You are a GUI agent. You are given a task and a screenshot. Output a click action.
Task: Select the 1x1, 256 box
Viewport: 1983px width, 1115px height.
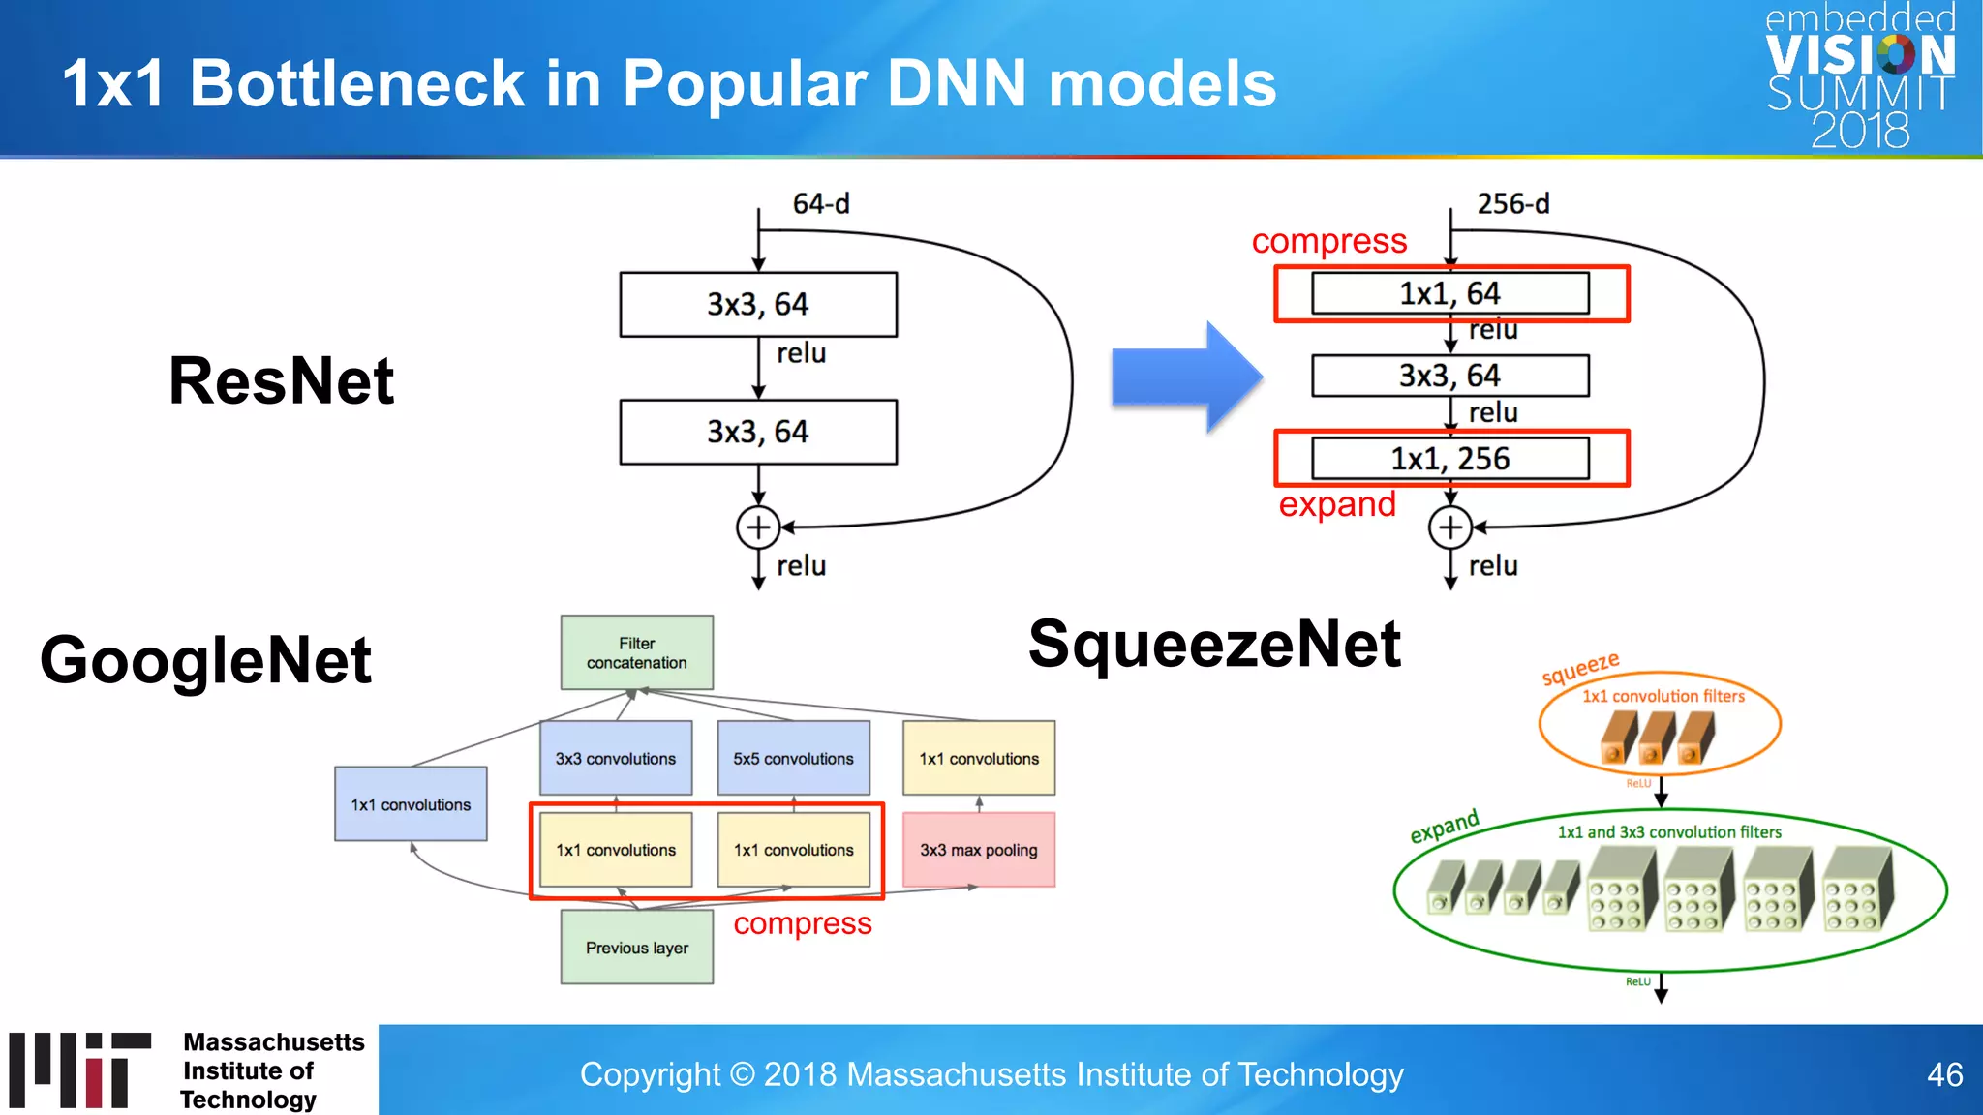(1449, 459)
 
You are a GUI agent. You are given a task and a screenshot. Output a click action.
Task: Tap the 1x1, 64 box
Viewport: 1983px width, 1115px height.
(1449, 293)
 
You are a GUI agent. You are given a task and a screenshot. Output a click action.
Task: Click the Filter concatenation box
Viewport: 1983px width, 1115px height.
(637, 653)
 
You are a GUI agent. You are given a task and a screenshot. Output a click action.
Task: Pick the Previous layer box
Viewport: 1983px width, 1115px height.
(637, 948)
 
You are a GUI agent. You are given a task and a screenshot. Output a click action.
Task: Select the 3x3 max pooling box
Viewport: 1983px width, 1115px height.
(978, 850)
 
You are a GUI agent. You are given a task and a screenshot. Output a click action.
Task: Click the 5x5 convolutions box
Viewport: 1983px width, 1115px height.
(793, 758)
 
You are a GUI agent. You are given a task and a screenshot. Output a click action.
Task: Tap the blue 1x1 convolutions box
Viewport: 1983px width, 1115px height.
(411, 804)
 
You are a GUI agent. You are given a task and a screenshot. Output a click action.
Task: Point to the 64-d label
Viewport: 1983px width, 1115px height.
(821, 204)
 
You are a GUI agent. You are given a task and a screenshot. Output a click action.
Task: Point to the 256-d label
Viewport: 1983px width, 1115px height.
(1512, 204)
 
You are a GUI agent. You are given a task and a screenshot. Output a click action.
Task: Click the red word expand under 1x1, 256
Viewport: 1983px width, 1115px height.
(1337, 504)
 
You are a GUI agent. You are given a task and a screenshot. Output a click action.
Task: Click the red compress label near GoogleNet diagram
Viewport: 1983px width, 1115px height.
(802, 924)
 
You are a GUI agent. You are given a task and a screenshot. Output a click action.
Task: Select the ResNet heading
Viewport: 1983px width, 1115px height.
(281, 380)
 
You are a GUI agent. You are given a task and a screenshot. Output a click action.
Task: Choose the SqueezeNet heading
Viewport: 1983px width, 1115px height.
(1214, 645)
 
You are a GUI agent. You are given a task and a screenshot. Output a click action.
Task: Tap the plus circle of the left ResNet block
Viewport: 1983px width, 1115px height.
(758, 527)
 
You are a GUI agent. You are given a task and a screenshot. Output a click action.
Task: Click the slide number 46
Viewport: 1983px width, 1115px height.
(1944, 1074)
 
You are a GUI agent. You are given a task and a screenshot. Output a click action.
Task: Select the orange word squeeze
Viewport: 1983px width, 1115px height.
(1580, 668)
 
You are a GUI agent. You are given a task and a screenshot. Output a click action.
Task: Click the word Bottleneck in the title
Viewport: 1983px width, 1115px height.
(356, 83)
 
